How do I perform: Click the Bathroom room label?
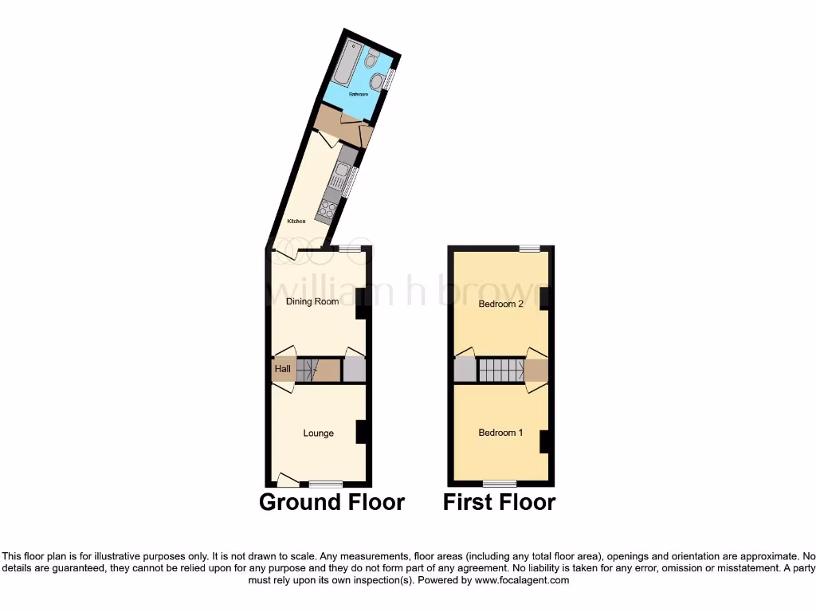pyautogui.click(x=358, y=94)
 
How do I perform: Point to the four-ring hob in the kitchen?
pyautogui.click(x=328, y=210)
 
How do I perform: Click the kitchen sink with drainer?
pyautogui.click(x=343, y=173)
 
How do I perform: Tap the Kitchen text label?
pyautogui.click(x=296, y=221)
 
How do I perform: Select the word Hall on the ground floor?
pyautogui.click(x=283, y=370)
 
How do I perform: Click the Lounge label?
pyautogui.click(x=318, y=433)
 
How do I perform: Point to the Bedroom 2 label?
pyautogui.click(x=500, y=304)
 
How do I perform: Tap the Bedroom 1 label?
pyautogui.click(x=500, y=433)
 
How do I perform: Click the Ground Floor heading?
pyautogui.click(x=332, y=502)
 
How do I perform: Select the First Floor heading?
pyautogui.click(x=500, y=502)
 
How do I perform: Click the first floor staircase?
pyautogui.click(x=500, y=371)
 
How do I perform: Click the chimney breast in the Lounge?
pyautogui.click(x=361, y=431)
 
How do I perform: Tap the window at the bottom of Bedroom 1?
pyautogui.click(x=499, y=483)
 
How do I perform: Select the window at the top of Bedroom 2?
pyautogui.click(x=530, y=249)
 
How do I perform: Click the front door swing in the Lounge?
pyautogui.click(x=288, y=479)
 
